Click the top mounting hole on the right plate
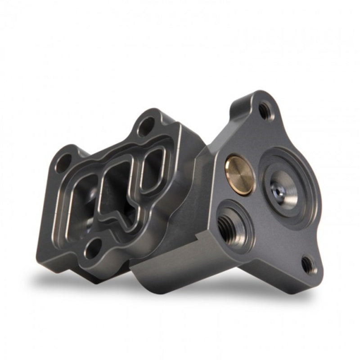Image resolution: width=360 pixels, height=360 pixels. pyautogui.click(x=265, y=110)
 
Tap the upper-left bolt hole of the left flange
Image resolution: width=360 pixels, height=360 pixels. pyautogui.click(x=64, y=159)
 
